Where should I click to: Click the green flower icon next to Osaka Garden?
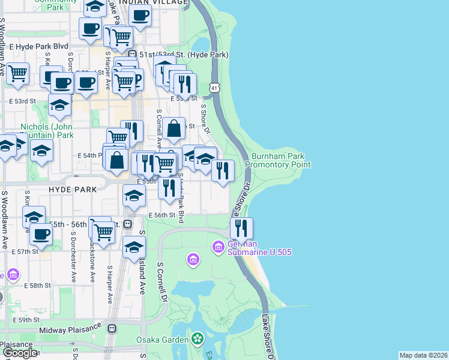[x=197, y=340]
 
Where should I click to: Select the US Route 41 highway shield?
[x=214, y=88]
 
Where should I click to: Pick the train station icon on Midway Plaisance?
[x=112, y=329]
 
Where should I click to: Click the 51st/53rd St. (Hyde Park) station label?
[x=184, y=55]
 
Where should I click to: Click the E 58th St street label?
[x=38, y=285]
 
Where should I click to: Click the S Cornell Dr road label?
[x=161, y=281]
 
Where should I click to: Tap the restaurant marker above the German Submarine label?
[x=241, y=229]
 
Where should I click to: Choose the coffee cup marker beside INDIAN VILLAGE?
[x=140, y=16]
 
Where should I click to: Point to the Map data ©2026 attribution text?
[x=423, y=355]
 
